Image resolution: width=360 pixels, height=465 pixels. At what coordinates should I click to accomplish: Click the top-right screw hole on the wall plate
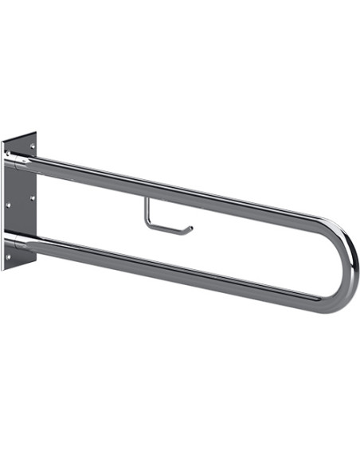pos(33,146)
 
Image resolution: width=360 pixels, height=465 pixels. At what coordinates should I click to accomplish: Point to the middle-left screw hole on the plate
pos(7,205)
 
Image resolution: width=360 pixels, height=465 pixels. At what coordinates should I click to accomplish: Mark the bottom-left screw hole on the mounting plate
pos(8,256)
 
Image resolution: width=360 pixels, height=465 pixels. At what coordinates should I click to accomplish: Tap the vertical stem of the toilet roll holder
pos(145,211)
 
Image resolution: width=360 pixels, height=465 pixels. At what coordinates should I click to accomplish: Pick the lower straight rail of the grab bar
pos(175,267)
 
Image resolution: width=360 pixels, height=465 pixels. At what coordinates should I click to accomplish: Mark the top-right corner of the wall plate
pos(37,132)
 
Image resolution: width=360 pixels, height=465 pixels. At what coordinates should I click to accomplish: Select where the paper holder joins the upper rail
pos(145,196)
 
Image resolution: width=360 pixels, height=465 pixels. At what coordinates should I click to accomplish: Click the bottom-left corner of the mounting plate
pos(4,269)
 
